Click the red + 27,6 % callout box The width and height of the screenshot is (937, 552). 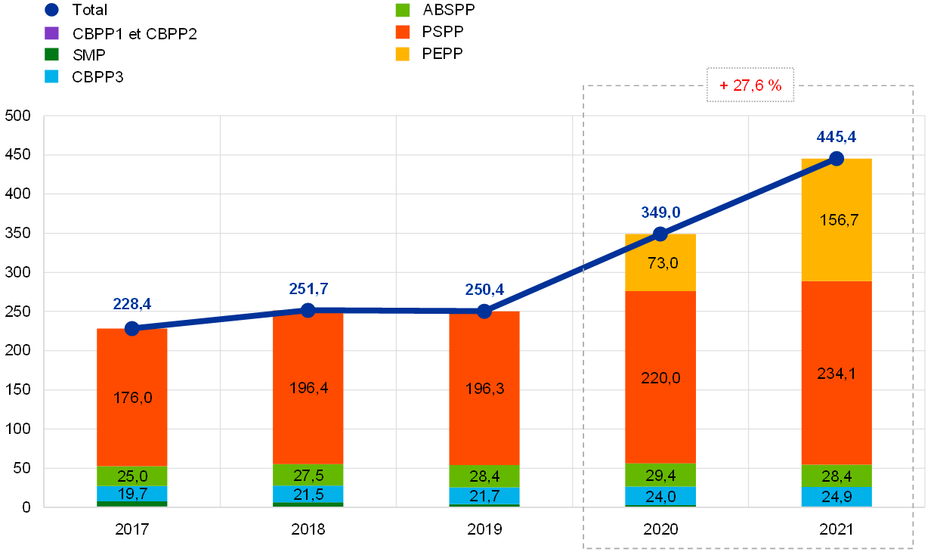tap(750, 85)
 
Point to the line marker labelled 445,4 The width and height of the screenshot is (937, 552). tap(836, 158)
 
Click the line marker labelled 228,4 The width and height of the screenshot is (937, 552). tap(132, 328)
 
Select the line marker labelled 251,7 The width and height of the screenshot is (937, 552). tap(308, 310)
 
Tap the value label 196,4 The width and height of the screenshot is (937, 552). tap(308, 388)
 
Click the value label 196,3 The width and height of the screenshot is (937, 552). tap(484, 389)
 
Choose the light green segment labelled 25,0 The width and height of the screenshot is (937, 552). tap(132, 476)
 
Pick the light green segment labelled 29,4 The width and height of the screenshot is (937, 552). tap(660, 475)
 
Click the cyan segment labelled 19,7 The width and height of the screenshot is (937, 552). tap(132, 494)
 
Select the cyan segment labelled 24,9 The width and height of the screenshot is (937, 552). tap(836, 497)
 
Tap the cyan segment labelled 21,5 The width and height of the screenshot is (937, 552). tap(308, 494)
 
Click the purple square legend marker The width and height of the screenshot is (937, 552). tap(51, 33)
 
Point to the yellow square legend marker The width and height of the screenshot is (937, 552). tap(403, 54)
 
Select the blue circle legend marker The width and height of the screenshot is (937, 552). tap(51, 10)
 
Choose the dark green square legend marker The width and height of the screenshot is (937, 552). tap(51, 54)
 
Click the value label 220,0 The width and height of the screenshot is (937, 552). tap(660, 378)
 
